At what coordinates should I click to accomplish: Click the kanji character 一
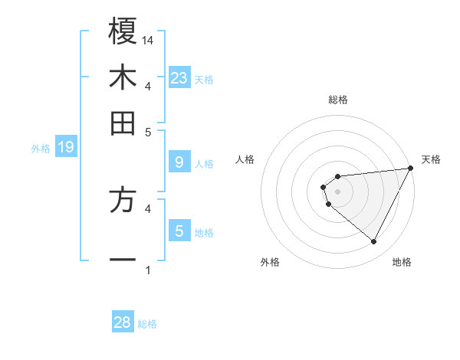[x=123, y=260]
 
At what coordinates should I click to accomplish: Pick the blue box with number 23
[x=179, y=78]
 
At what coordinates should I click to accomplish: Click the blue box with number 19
[x=66, y=147]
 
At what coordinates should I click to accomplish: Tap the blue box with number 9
[x=179, y=162]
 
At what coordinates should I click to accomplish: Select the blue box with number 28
[x=123, y=322]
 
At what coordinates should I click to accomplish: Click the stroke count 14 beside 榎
[x=149, y=40]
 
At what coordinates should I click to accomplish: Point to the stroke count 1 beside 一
[x=148, y=270]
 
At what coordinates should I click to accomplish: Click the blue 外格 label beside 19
[x=40, y=149]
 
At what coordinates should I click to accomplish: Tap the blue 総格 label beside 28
[x=147, y=324]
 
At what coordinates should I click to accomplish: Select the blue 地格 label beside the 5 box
[x=204, y=232]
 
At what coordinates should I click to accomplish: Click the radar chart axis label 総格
[x=338, y=100]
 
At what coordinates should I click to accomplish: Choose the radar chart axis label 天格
[x=432, y=159]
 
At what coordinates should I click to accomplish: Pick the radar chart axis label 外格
[x=270, y=263]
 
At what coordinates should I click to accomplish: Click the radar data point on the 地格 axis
[x=374, y=242]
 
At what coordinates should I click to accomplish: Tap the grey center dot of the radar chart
[x=338, y=191]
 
